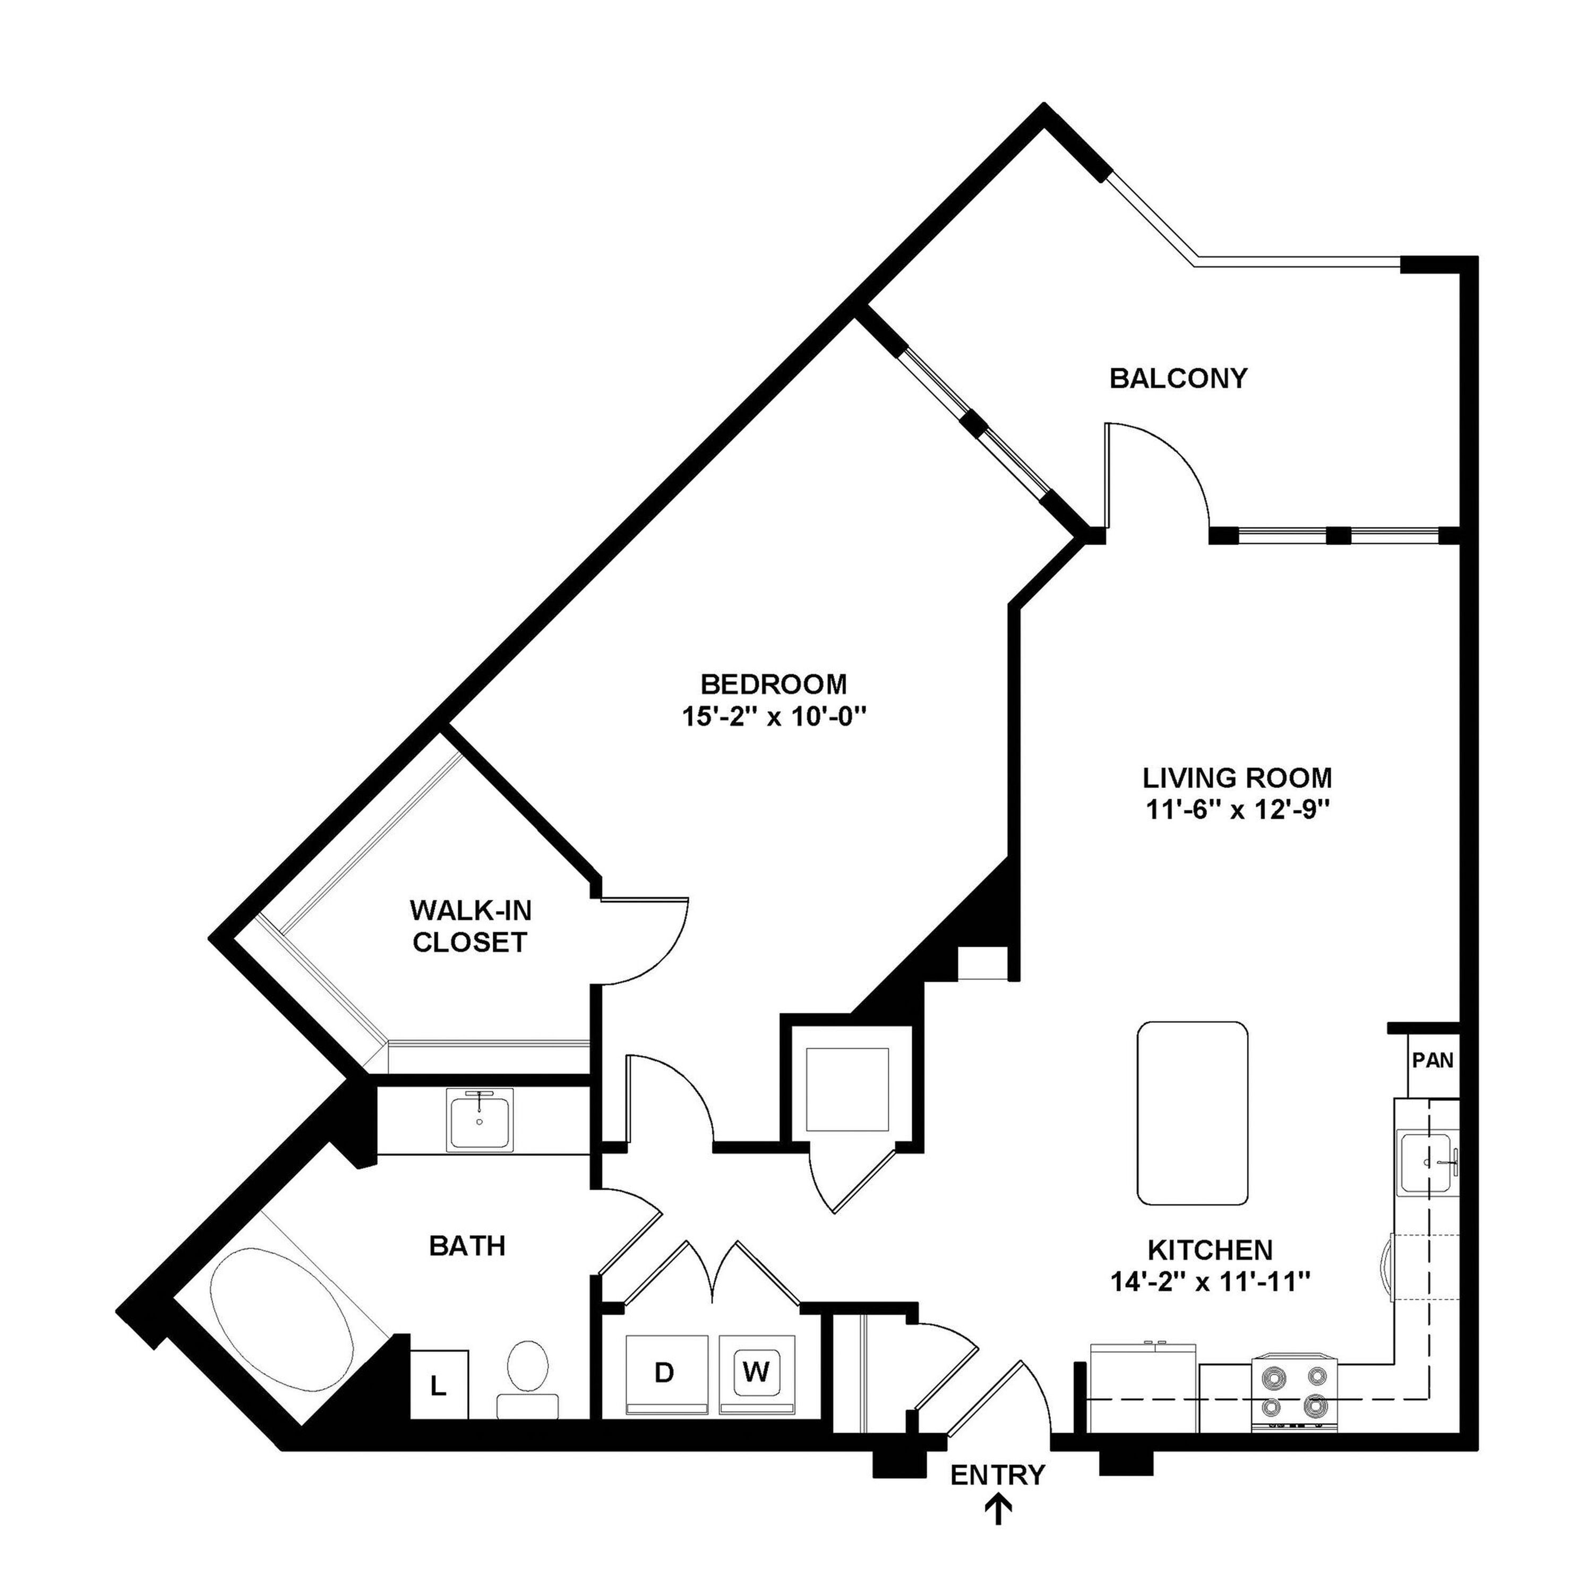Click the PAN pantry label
tap(1433, 1060)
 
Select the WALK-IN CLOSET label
tap(470, 927)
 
